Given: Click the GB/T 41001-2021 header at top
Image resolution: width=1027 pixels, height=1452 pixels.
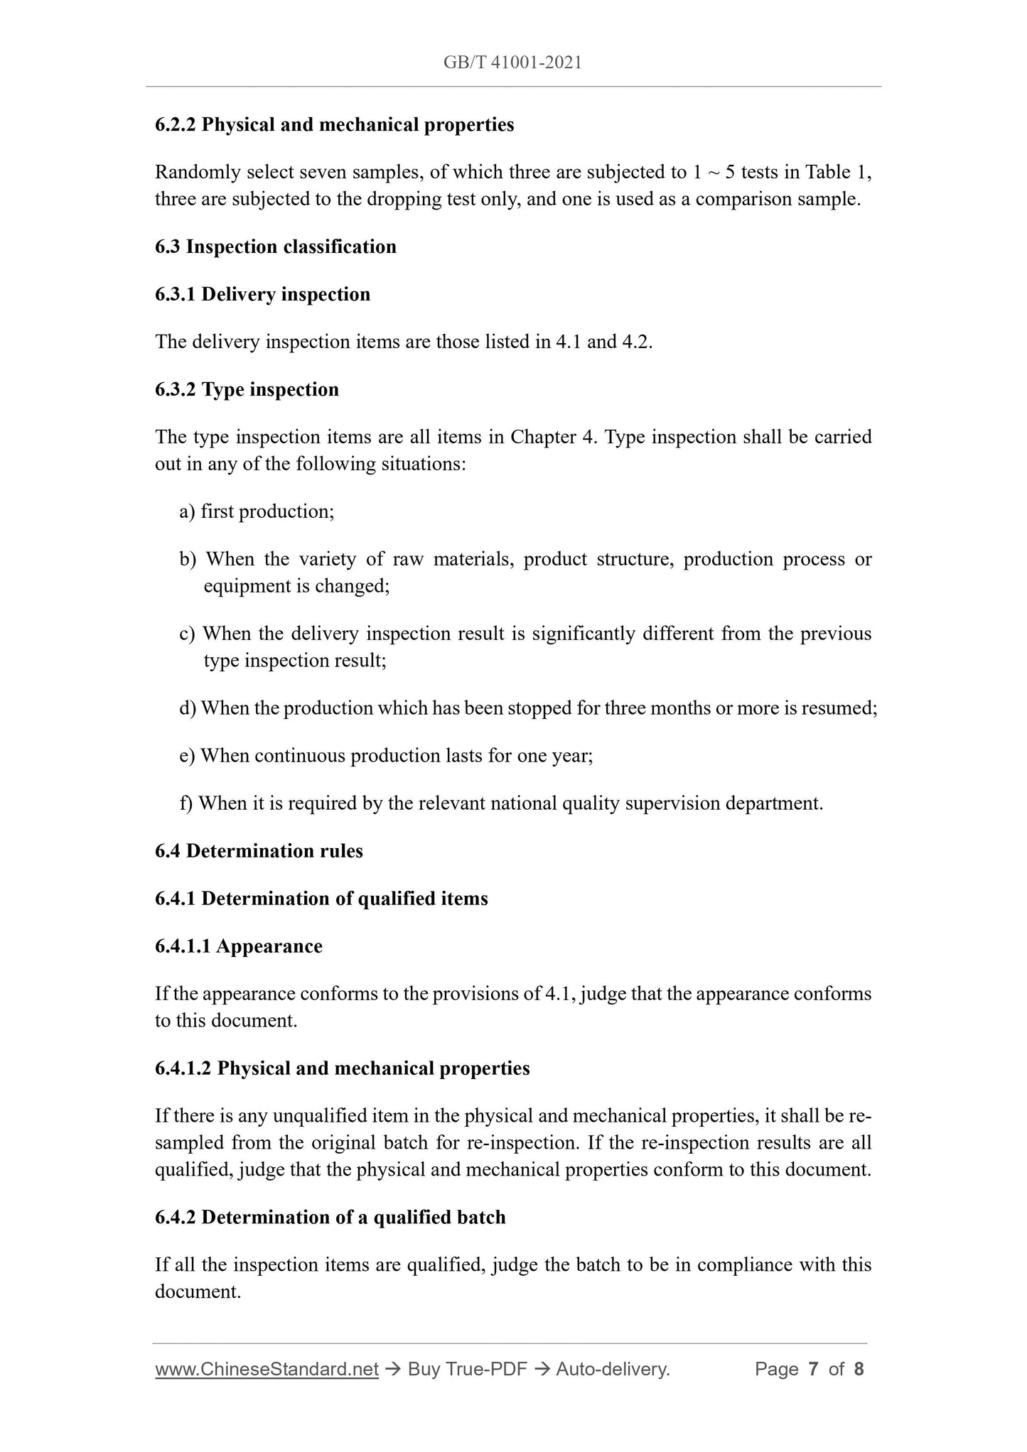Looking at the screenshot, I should coord(512,63).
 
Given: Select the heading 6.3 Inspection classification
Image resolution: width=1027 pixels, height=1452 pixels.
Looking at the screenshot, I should coord(276,246).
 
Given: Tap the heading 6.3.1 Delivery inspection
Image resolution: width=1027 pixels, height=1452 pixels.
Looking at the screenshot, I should coord(262,294).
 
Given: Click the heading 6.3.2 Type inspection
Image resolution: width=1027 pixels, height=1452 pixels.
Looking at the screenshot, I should coord(247,389).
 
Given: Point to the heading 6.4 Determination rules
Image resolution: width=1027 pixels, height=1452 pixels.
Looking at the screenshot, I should coord(259,851).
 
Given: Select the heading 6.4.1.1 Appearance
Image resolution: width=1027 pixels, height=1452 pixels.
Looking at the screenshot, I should coord(238,946).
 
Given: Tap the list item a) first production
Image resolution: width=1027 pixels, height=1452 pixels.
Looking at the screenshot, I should coord(257,511).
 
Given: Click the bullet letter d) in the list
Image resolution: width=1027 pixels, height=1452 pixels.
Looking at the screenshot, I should coord(188,708).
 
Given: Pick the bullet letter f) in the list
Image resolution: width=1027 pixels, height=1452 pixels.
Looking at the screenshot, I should coord(185,803).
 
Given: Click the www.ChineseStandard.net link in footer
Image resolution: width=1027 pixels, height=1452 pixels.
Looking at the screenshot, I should coord(267,1369).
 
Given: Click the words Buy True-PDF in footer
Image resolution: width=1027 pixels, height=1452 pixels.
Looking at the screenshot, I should coord(467,1369).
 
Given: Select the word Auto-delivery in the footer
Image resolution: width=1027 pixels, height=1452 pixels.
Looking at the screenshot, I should coord(612,1369).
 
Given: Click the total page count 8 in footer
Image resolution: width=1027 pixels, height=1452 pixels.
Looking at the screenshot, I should coord(859,1369).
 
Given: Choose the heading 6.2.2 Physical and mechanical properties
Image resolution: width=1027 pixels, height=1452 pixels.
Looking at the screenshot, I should coord(334,125).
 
